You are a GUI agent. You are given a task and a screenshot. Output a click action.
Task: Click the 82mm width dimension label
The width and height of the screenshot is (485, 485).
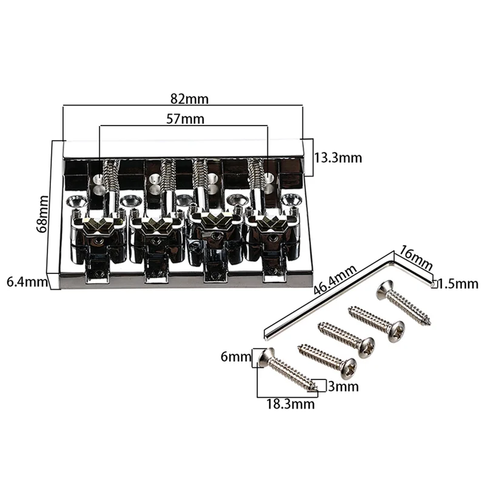pos(189,99)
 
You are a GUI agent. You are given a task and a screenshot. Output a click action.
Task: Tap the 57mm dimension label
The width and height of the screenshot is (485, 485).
pos(186,119)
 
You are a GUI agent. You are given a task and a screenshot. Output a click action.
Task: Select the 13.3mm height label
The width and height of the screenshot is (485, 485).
pos(338,158)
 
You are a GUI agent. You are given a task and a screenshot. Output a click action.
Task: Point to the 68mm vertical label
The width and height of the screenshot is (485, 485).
pos(42,214)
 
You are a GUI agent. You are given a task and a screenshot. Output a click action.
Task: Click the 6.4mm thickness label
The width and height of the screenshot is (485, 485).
pos(27,282)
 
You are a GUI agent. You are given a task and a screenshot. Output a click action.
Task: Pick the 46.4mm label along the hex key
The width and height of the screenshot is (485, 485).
pos(335,281)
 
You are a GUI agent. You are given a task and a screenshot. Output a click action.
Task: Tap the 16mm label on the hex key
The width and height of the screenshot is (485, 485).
pos(415,257)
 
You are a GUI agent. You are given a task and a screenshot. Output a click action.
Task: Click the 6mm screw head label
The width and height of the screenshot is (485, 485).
pos(236,357)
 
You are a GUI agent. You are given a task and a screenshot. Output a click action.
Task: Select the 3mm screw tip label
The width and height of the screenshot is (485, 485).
pos(343,386)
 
